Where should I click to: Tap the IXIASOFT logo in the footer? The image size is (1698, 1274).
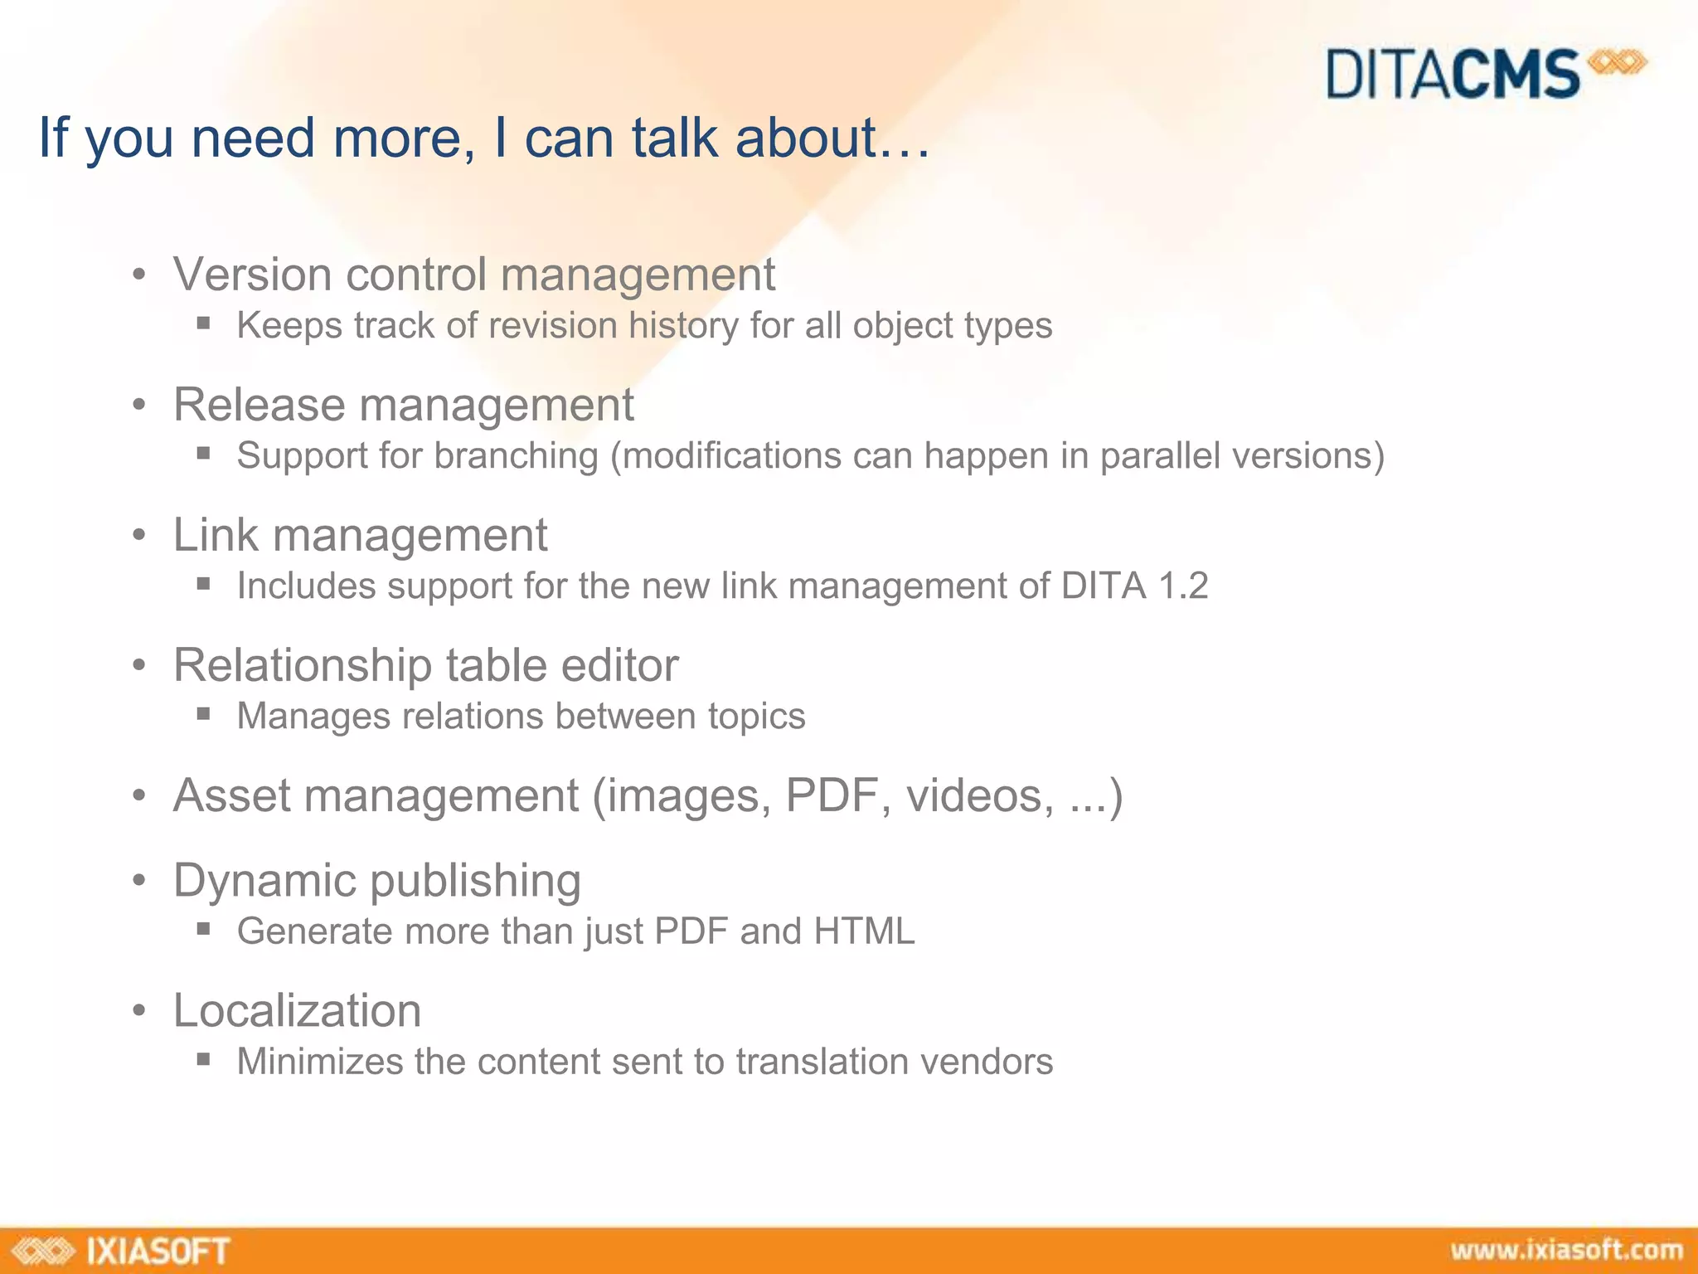click(x=123, y=1251)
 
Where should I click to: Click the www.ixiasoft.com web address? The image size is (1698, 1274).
click(x=1566, y=1250)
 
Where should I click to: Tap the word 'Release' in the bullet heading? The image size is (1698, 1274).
click(x=259, y=405)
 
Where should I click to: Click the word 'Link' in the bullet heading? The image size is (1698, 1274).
click(x=216, y=535)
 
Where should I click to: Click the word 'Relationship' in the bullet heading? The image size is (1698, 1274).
click(x=303, y=665)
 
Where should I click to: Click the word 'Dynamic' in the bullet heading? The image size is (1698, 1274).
click(x=264, y=880)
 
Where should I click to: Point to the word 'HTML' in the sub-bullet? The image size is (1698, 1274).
click(x=864, y=931)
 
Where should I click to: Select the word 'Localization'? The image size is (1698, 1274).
click(x=297, y=1011)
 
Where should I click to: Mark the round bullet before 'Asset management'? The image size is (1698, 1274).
click(x=139, y=796)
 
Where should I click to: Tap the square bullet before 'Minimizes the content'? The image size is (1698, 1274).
click(x=204, y=1058)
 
